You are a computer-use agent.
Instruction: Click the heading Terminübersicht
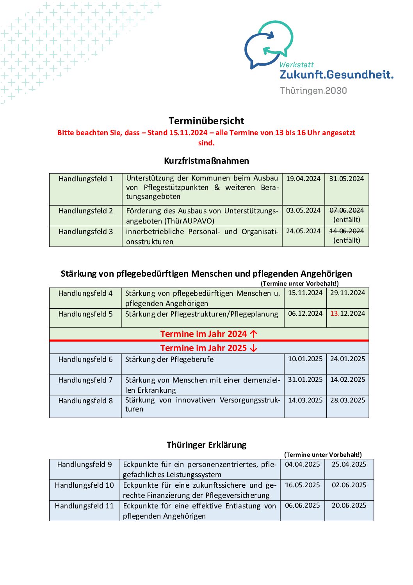pos(206,121)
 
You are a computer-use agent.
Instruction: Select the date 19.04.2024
pos(303,179)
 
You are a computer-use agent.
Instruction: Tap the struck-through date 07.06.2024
pos(346,210)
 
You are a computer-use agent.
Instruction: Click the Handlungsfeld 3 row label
pos(85,231)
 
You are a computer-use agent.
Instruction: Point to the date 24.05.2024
pos(303,231)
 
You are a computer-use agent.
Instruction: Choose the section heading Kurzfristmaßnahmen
pos(206,161)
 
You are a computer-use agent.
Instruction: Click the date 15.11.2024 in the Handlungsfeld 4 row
pos(305,293)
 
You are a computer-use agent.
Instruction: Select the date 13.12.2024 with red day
pos(347,313)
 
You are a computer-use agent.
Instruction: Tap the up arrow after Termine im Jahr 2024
pos(254,334)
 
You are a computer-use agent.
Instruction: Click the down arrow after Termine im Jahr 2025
pos(254,348)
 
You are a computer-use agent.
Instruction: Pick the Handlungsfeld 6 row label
pos(85,359)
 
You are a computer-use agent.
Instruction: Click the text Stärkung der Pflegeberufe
pos(169,359)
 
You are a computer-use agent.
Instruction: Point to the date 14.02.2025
pos(347,379)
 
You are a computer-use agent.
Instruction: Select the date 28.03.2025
pos(347,400)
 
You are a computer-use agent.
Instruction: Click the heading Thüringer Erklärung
pos(206,445)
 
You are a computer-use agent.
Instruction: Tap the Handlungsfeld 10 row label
pos(84,485)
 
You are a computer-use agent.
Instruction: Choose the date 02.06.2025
pos(349,485)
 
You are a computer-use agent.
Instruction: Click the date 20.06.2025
pos(349,505)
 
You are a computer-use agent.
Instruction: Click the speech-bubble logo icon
pos(269,44)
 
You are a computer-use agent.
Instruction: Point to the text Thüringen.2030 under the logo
pos(313,91)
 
